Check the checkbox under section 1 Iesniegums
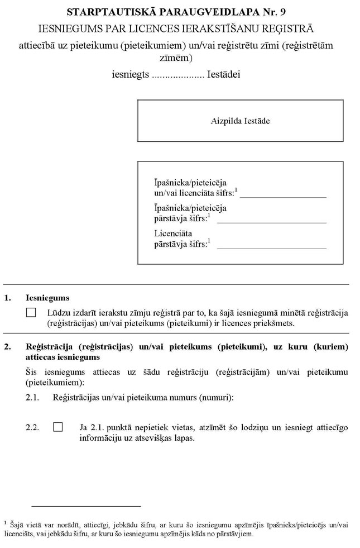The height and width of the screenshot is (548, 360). (x=31, y=313)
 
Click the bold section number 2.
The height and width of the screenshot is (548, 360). (x=7, y=346)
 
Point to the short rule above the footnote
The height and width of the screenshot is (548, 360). (x=86, y=506)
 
